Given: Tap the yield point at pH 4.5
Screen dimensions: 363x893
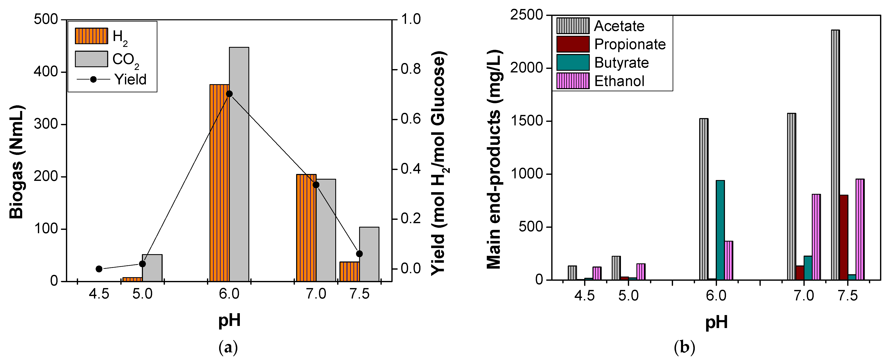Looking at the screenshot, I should point(99,269).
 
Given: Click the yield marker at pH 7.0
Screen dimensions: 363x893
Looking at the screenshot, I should point(316,185).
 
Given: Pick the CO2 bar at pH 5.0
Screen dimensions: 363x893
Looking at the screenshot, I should point(152,268).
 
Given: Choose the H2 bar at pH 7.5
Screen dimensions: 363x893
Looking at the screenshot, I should point(349,272).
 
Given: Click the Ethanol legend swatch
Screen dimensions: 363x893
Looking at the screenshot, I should point(573,81).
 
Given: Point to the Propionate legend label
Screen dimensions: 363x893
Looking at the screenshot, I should point(630,44).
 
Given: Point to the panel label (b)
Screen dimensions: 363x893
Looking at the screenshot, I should point(684,347).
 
